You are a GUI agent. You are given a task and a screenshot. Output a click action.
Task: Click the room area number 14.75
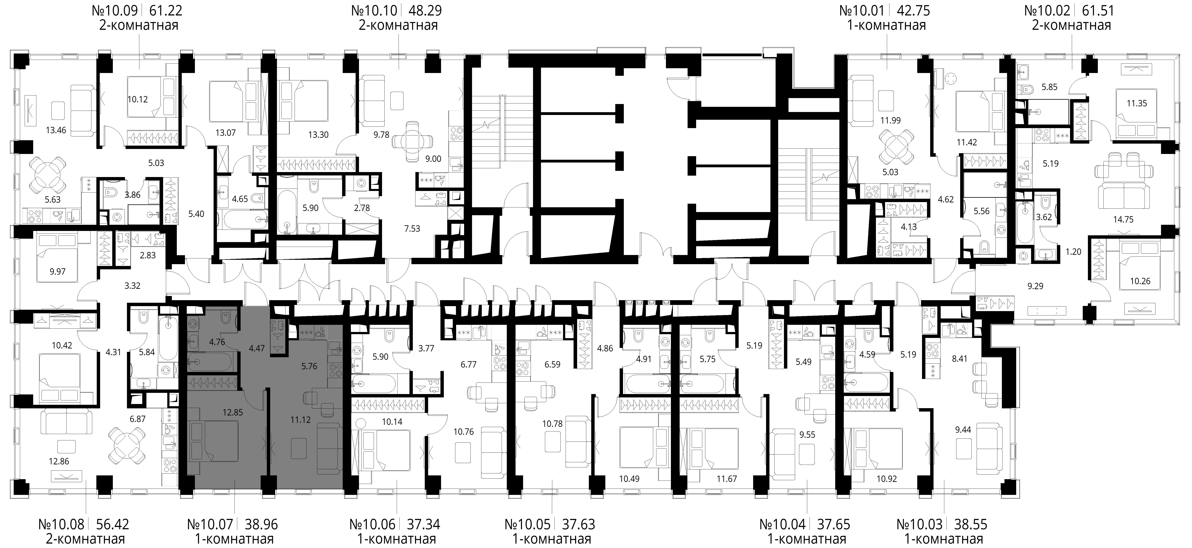[x=1123, y=220]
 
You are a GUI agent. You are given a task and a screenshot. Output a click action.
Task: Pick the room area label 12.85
[x=233, y=412]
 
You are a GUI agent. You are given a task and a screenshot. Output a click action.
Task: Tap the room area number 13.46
[x=56, y=130]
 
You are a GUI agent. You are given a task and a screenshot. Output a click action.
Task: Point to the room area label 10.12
[x=137, y=99]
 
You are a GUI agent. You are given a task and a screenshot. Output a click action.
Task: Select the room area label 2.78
[x=362, y=208]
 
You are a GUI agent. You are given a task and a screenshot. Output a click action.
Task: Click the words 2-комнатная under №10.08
[x=86, y=539]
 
